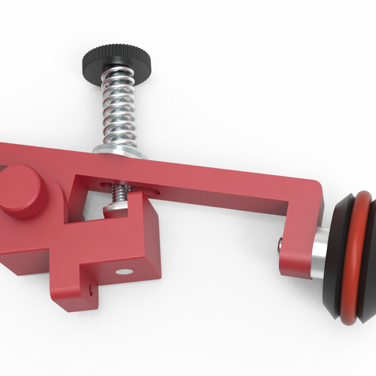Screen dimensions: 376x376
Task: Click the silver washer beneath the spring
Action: point(119,151)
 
